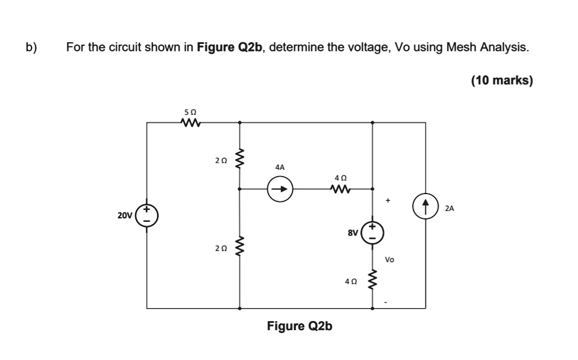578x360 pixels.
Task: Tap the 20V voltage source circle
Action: coord(147,215)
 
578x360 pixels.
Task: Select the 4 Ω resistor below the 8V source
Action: coord(373,278)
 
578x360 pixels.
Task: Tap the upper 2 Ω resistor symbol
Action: coord(239,160)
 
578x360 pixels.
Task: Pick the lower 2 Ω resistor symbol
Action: coord(239,248)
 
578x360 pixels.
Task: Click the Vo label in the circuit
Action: coord(389,260)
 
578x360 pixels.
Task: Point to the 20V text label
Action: coord(125,215)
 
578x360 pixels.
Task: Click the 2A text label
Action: coord(449,208)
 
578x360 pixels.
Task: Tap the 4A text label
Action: coord(280,167)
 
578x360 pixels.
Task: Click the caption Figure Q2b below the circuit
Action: coord(300,326)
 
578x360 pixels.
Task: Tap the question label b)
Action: coord(32,47)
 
